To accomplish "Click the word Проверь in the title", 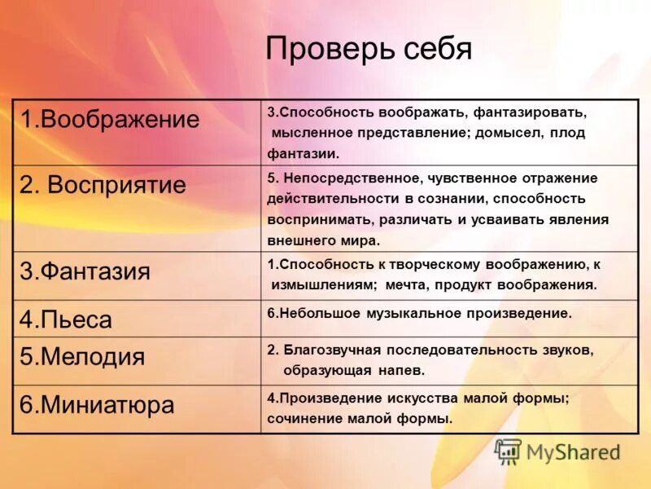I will [330, 50].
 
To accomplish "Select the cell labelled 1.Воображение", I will [110, 120].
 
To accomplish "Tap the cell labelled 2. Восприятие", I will [103, 185].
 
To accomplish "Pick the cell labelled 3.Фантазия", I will [85, 271].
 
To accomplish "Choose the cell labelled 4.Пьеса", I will [66, 319].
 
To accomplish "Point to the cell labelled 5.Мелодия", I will [82, 357].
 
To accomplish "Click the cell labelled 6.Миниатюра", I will [97, 405].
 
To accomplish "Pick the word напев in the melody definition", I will [406, 370].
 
